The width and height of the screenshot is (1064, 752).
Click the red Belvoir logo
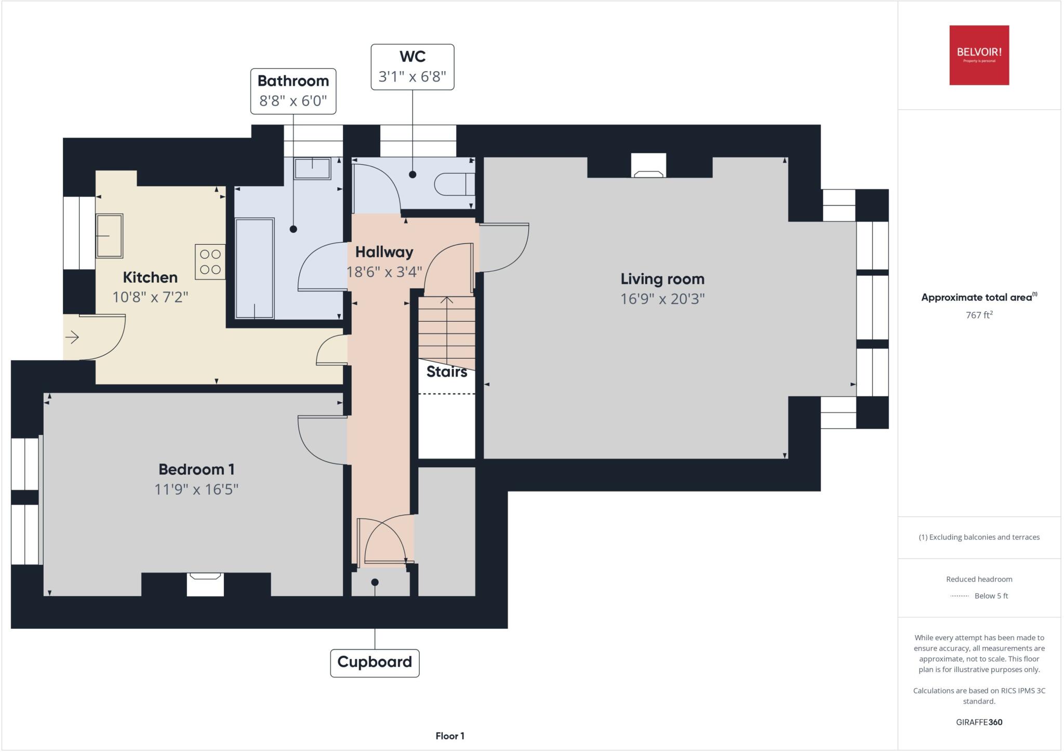pos(979,55)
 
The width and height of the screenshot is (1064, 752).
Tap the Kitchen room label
pos(150,277)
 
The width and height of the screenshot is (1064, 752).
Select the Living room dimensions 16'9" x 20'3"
pos(662,299)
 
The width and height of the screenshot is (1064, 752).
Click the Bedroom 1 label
pos(196,469)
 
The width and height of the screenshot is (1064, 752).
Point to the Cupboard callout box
pos(375,662)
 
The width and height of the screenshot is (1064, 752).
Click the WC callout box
pos(412,67)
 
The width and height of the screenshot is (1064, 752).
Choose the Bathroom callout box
pos(293,91)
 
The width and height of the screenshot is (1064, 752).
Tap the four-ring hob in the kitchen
pos(210,261)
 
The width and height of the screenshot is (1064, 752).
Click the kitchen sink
pos(110,235)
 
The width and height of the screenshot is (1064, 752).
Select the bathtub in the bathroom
pos(255,268)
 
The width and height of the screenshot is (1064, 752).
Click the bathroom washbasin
pos(312,168)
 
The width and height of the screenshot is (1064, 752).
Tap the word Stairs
pos(447,372)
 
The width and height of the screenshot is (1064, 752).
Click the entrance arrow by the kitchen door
pos(72,338)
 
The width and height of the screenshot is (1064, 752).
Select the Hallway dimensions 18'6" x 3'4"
pos(384,272)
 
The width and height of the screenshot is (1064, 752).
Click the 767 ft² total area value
pos(979,315)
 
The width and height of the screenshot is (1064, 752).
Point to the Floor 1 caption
pos(450,736)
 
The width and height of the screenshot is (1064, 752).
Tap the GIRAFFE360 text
pos(979,722)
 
